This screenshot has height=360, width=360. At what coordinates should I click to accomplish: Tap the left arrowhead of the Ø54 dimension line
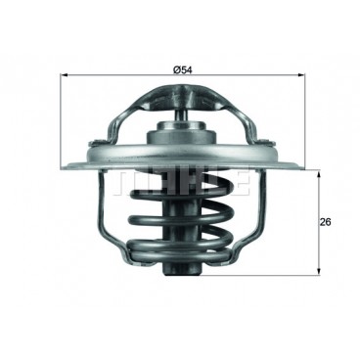[65, 75]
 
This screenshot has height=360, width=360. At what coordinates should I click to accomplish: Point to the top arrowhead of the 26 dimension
[319, 173]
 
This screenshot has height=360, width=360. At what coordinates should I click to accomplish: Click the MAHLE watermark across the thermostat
[180, 182]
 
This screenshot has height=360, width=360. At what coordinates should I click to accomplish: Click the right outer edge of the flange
[294, 166]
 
